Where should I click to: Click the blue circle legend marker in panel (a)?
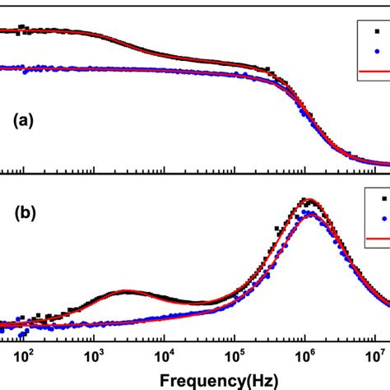(x=377, y=52)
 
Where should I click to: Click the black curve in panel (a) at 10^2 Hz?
(x=24, y=31)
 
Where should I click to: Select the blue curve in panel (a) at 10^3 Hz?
(x=94, y=68)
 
